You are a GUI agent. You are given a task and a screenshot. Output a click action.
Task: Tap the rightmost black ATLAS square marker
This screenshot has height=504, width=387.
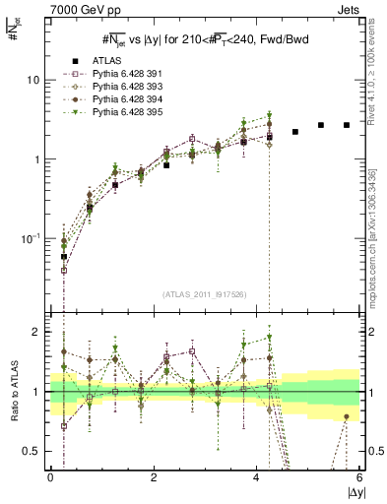pyautogui.click(x=347, y=125)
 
